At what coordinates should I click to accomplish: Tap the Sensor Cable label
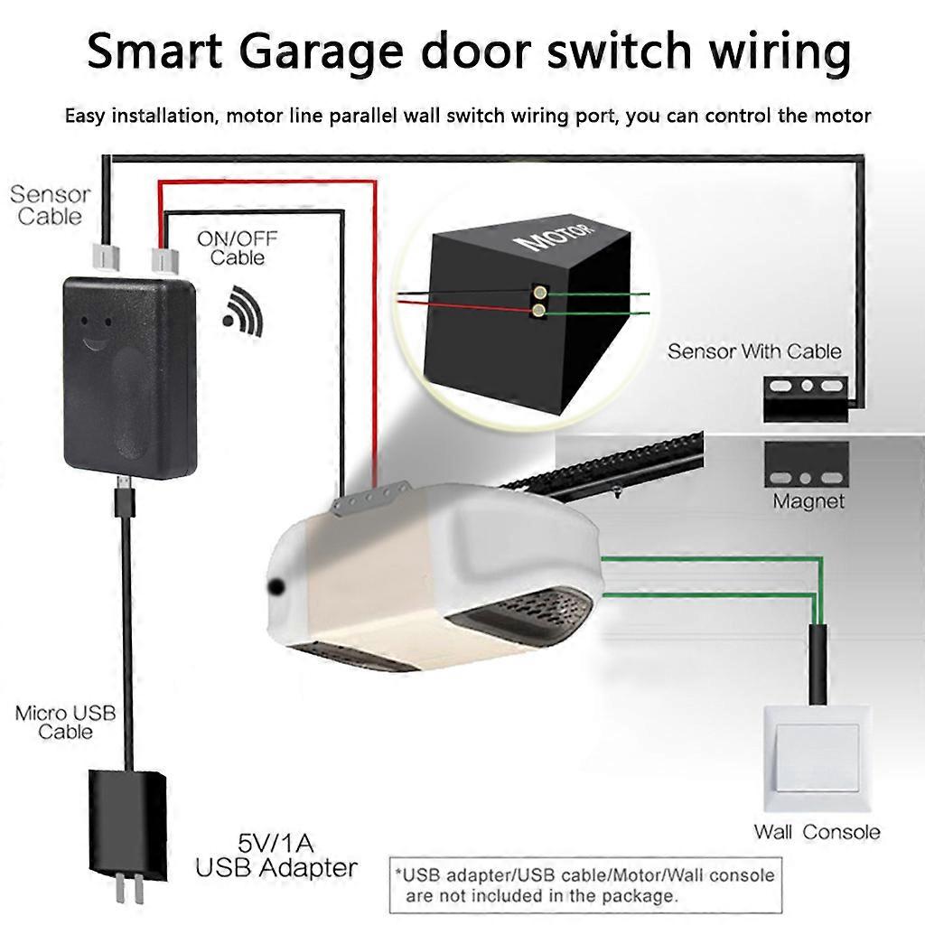coord(51,205)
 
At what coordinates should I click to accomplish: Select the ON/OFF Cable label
coord(238,248)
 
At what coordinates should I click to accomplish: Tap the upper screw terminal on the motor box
coord(539,292)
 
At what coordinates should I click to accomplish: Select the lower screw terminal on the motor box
coord(538,311)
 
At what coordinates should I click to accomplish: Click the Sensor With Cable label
coord(754,351)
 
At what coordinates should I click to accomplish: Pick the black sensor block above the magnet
coord(806,399)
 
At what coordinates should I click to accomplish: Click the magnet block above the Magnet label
coord(807,463)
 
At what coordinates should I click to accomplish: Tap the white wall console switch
coord(817,758)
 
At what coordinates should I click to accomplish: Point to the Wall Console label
coord(817,832)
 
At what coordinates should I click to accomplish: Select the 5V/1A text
coord(276,843)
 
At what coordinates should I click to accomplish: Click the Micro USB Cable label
coord(65,723)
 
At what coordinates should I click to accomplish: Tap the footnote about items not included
coord(585,885)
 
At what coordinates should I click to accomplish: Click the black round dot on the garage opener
coord(275,586)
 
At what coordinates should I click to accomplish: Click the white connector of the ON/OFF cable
coord(164,260)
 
